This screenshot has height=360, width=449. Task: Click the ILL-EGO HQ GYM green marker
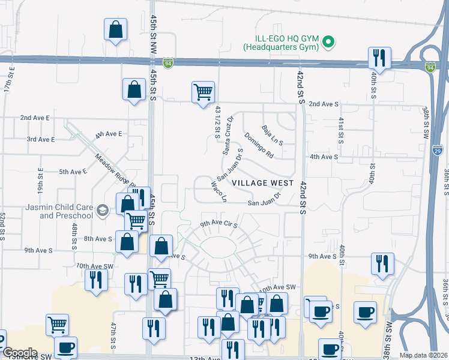328,41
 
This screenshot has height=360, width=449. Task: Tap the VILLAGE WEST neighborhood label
263,182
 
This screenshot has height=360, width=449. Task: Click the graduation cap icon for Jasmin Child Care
102,209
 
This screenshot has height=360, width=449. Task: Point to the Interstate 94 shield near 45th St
170,62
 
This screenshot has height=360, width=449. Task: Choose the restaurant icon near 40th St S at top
379,57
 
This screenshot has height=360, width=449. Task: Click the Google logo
20,353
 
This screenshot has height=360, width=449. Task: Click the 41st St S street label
340,130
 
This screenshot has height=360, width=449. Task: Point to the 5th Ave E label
73,172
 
